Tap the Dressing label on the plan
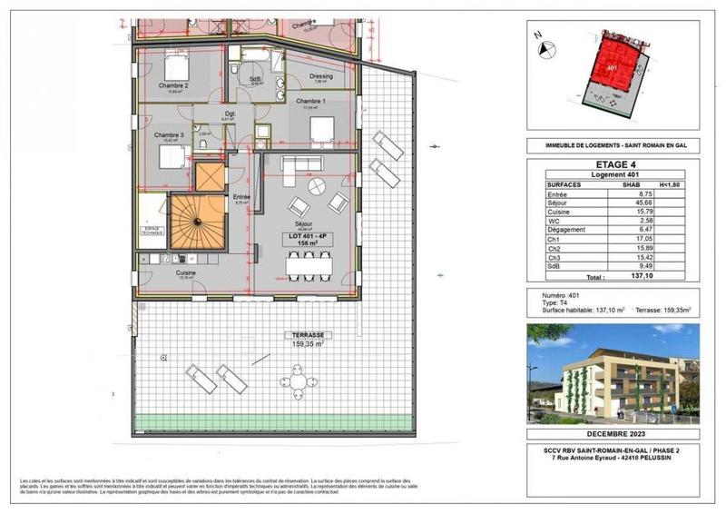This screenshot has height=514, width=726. pyautogui.click(x=321, y=76)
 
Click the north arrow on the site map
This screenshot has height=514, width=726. pyautogui.click(x=538, y=36)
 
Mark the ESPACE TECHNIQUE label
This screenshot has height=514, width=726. pyautogui.click(x=151, y=231)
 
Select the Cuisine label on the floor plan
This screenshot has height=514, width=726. pyautogui.click(x=186, y=272)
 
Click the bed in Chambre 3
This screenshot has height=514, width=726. pyautogui.click(x=173, y=156)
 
